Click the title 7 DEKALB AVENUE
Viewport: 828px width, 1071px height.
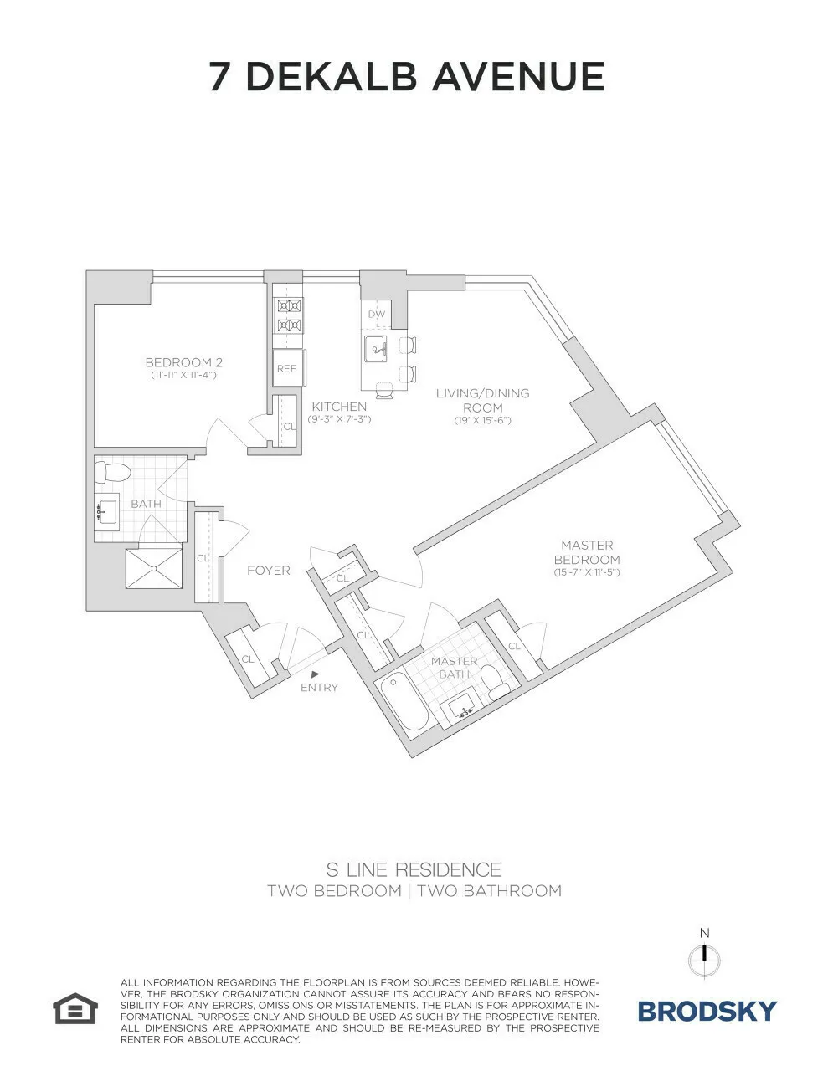pos(407,76)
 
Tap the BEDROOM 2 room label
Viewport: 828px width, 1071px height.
pos(183,363)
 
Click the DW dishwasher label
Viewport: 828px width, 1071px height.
pos(377,315)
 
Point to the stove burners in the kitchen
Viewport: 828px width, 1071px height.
pos(290,315)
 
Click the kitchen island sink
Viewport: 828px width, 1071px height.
pos(375,347)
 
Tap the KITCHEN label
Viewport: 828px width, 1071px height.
pos(339,407)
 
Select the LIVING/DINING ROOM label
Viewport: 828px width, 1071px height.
pos(482,399)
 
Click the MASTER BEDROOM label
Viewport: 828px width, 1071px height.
pos(586,552)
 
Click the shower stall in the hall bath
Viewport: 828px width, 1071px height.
pos(154,567)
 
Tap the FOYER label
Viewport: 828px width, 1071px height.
pos(268,571)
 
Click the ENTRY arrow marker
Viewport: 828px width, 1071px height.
pos(315,673)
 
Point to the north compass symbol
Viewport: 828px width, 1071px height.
pos(705,954)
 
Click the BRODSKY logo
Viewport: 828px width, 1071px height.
pos(707,1011)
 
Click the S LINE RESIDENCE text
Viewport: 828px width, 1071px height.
pos(414,869)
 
